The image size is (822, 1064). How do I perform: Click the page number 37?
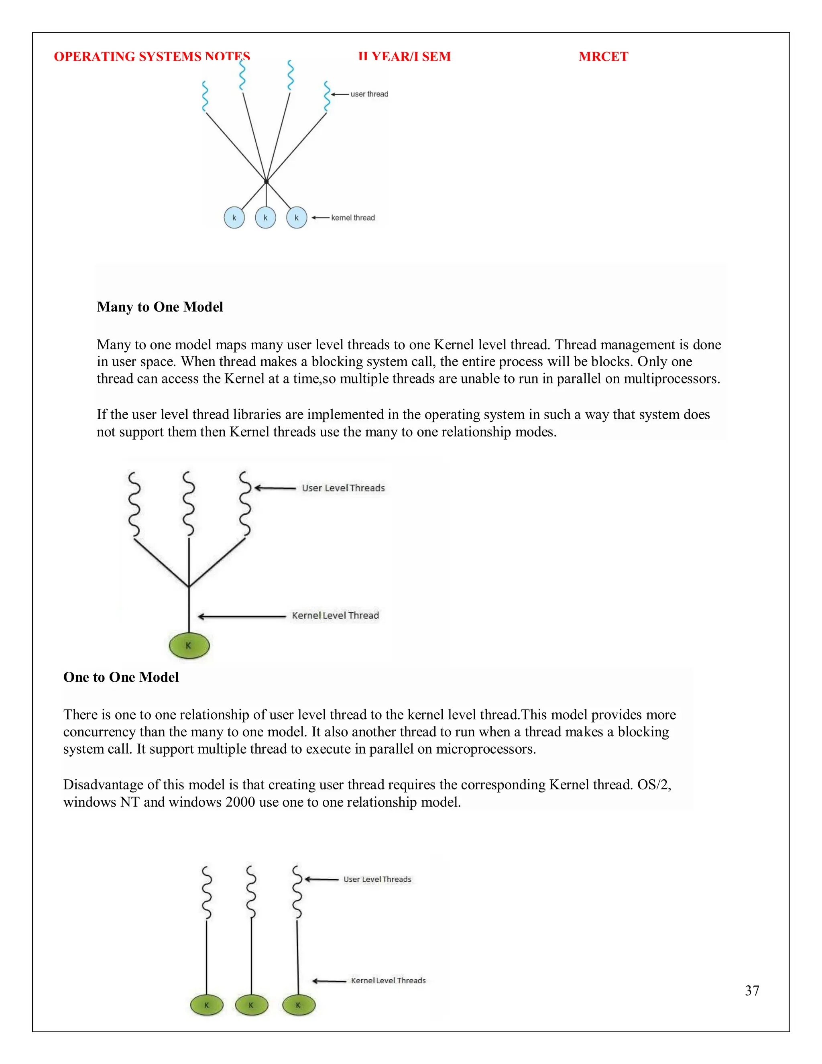point(751,990)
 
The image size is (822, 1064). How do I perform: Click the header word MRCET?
point(603,57)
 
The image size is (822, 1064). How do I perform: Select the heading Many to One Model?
point(160,306)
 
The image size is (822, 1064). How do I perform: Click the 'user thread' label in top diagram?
point(369,94)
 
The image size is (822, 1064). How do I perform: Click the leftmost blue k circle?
point(234,218)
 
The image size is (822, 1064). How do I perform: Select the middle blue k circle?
point(265,218)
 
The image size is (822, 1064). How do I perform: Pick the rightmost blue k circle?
point(297,218)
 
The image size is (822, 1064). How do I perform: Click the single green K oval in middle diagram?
point(189,646)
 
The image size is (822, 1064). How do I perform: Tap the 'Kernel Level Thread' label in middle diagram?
point(335,615)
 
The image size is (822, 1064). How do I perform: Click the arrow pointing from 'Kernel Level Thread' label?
point(241,616)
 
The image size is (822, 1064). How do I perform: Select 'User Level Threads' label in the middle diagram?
point(343,488)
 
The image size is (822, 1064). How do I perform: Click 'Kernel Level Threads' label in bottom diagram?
point(388,980)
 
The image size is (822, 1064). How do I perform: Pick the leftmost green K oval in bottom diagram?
point(206,1005)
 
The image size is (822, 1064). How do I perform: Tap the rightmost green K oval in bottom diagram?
point(299,1005)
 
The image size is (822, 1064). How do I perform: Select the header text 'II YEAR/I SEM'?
point(404,57)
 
